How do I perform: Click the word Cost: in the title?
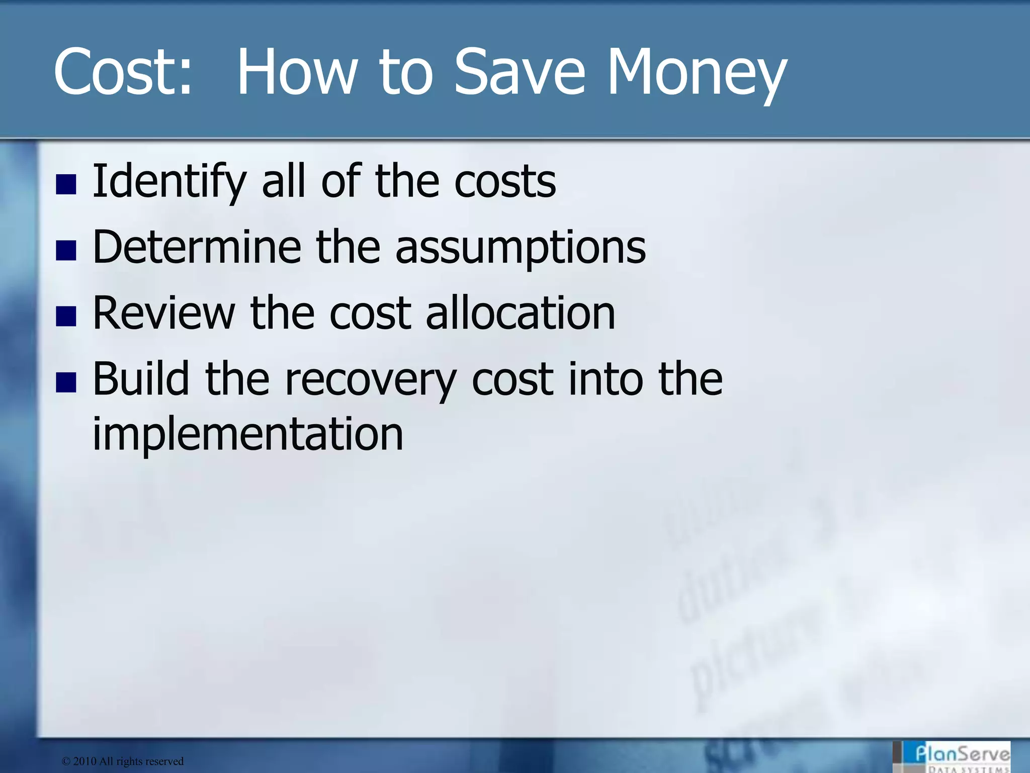pos(123,71)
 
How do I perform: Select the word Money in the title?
pos(697,71)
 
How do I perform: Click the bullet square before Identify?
pos(66,184)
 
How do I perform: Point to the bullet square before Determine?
pos(66,250)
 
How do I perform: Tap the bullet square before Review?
pos(66,316)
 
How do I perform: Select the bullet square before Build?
pos(66,382)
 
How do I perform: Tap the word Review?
pos(164,313)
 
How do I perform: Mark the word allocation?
pos(521,313)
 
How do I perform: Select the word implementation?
pos(248,434)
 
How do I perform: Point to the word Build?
pos(141,378)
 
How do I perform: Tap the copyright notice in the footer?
pos(122,761)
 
